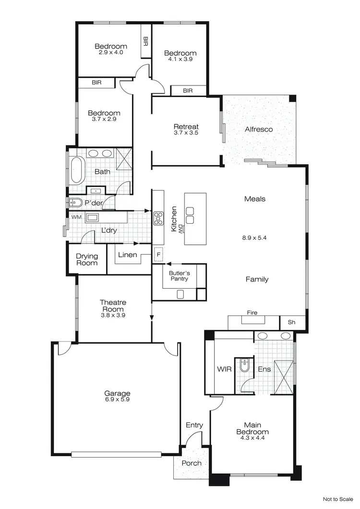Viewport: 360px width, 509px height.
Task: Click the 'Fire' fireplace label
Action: coord(252,313)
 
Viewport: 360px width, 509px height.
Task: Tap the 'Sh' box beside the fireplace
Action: coord(291,322)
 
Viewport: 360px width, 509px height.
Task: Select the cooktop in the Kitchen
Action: coord(158,218)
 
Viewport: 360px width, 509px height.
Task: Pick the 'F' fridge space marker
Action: coord(157,253)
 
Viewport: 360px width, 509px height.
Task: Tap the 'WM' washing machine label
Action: coord(76,217)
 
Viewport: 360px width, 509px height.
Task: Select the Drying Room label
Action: coord(87,259)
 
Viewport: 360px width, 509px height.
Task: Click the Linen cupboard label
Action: coord(127,255)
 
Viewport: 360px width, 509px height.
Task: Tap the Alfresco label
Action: coord(259,129)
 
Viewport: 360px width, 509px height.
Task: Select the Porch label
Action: coord(192,463)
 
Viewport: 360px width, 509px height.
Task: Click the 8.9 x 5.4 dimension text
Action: coord(254,237)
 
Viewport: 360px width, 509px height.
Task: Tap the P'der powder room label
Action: coord(94,203)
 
